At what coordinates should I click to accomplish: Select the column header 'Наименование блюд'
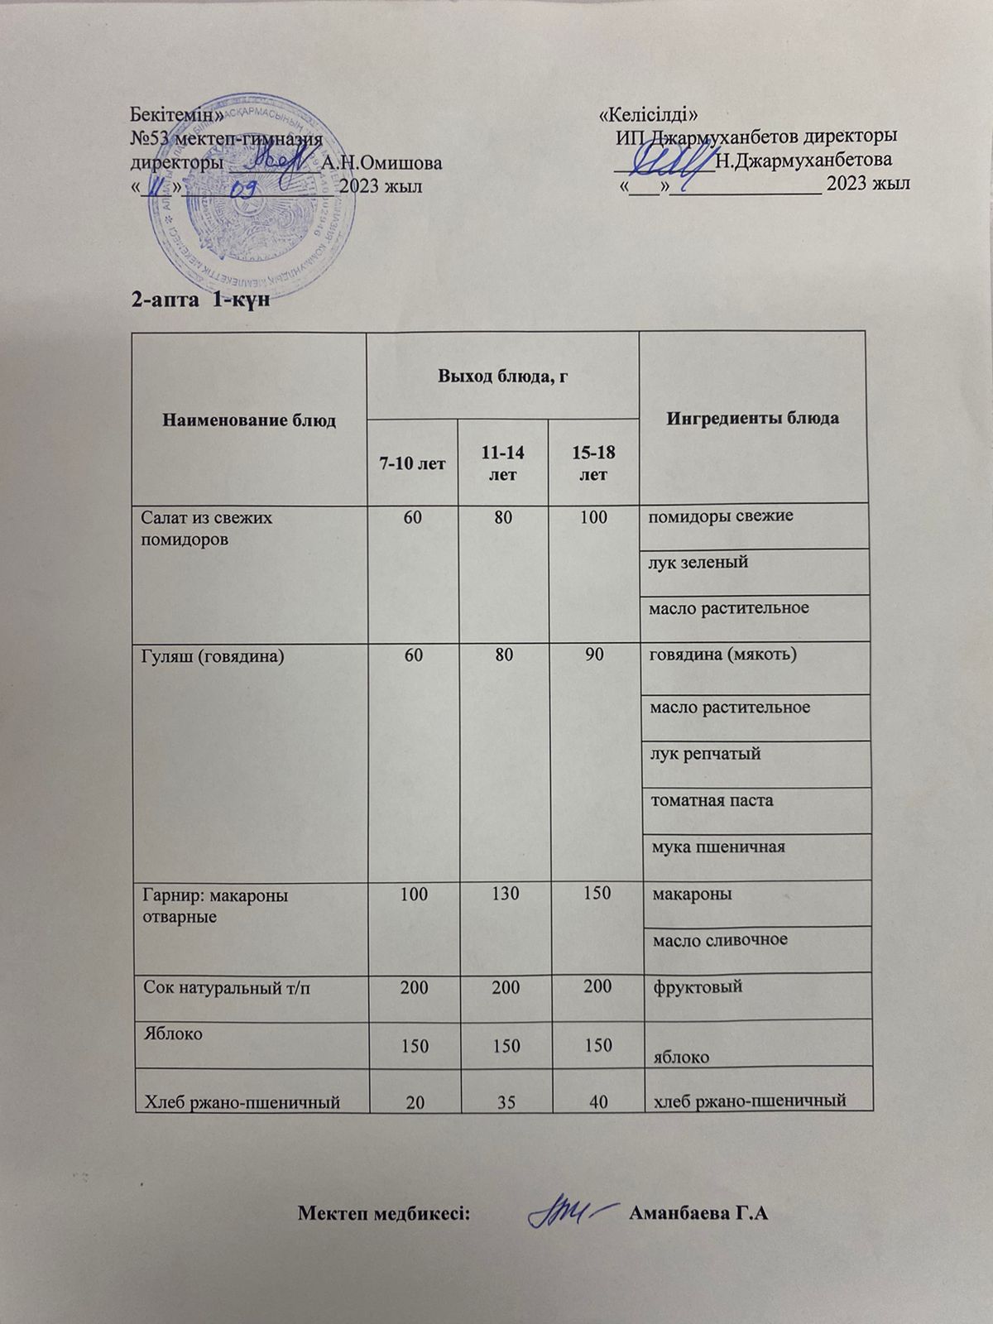point(249,420)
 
